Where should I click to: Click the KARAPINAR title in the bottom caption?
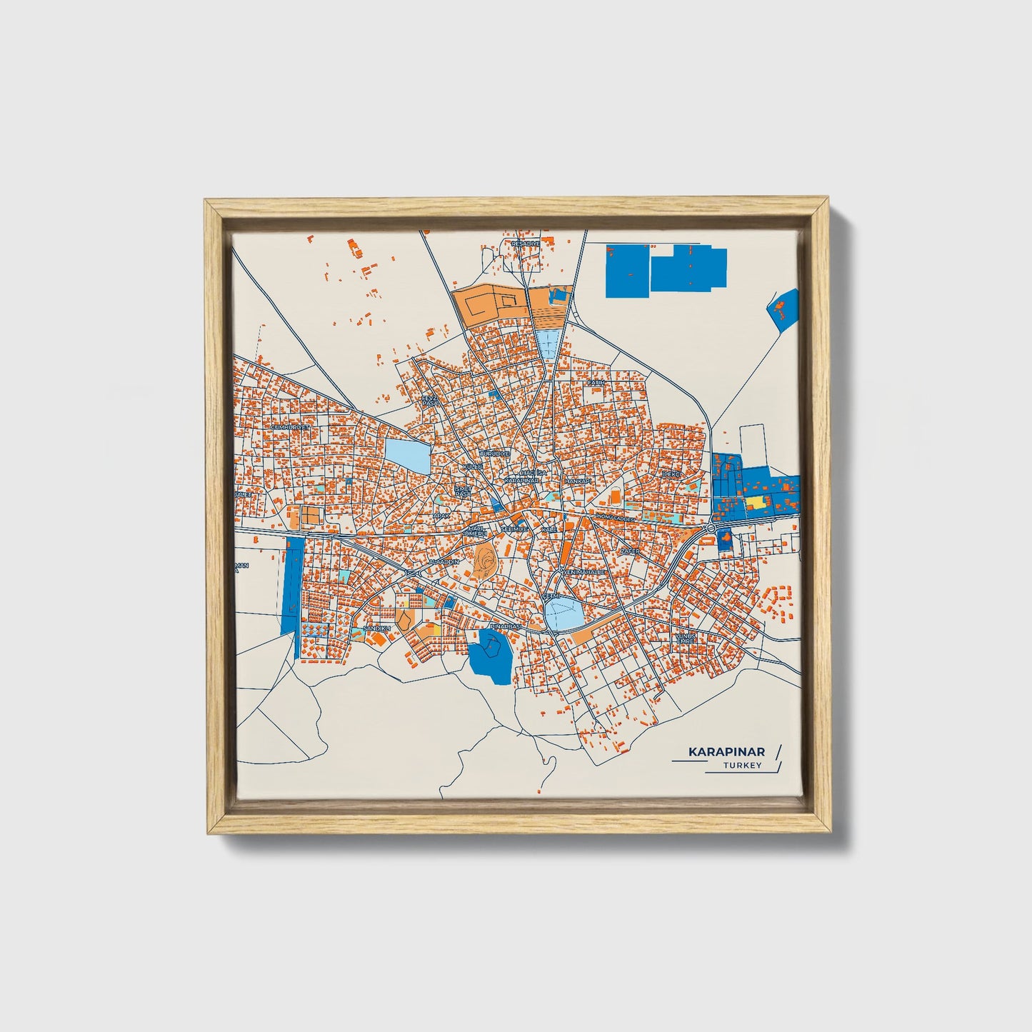point(726,752)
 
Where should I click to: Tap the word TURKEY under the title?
point(742,766)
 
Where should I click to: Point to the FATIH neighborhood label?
point(596,383)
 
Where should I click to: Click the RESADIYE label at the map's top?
point(526,244)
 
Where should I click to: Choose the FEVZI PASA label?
point(429,401)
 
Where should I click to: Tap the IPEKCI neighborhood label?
point(673,474)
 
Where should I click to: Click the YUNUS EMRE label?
point(686,638)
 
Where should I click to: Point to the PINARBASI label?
point(506,626)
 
